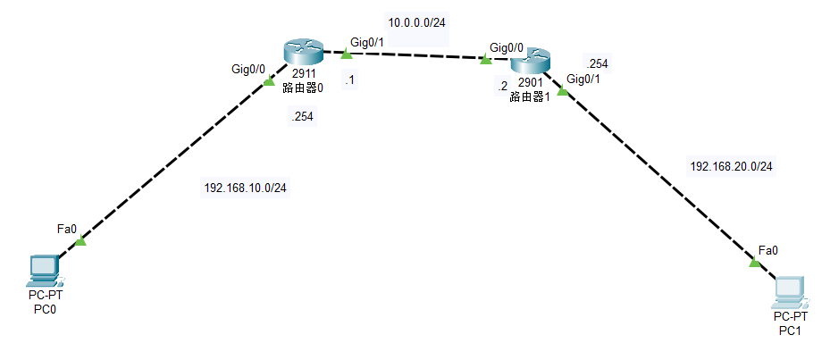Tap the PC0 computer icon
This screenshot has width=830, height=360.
tap(44, 268)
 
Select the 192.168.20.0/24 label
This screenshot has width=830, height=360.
tap(732, 166)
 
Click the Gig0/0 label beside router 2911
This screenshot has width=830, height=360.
tap(249, 69)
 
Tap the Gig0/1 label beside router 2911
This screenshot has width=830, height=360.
tap(368, 41)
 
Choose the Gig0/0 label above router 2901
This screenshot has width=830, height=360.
tap(507, 46)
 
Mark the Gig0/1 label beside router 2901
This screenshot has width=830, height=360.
tap(583, 79)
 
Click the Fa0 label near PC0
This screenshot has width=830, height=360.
tap(66, 229)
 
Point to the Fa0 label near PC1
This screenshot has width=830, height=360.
tap(767, 249)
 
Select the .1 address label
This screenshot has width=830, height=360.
tap(349, 81)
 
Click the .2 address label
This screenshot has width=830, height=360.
tap(501, 86)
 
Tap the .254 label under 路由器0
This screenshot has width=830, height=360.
tap(302, 116)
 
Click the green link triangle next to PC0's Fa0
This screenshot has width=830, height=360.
tap(80, 240)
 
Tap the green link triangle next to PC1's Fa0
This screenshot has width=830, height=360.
tap(754, 262)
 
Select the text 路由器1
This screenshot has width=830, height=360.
tap(529, 96)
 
